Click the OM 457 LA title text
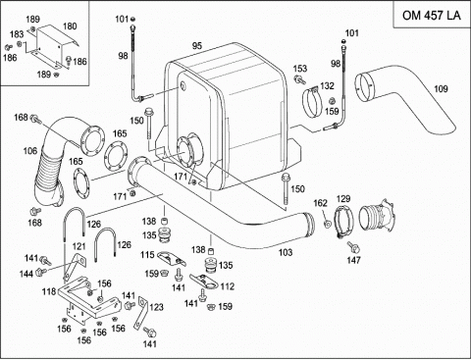click(431, 16)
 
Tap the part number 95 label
click(197, 46)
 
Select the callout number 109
click(441, 88)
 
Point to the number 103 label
click(286, 252)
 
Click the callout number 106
click(30, 151)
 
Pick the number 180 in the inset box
click(70, 26)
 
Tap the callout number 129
click(343, 198)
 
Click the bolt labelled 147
click(353, 247)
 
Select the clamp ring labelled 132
click(312, 102)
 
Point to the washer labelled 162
click(327, 224)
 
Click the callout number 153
click(300, 69)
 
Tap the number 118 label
click(49, 291)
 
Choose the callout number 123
click(156, 307)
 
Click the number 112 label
click(228, 286)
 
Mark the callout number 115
click(147, 254)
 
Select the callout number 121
click(78, 246)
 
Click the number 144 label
click(26, 274)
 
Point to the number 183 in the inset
click(17, 34)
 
